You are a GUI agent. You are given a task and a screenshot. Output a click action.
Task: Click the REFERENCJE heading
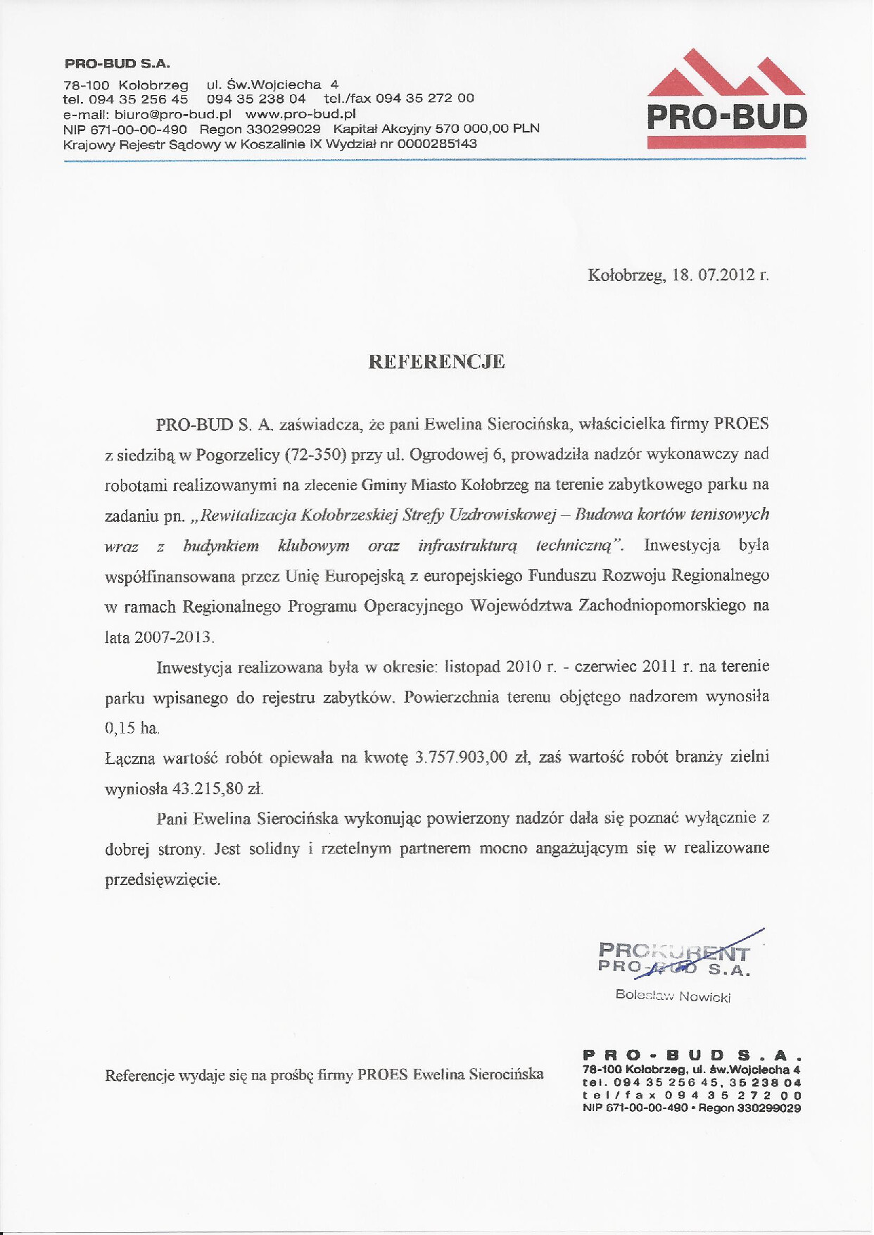pos(436,362)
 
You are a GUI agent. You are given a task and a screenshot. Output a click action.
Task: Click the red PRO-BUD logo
pos(726,99)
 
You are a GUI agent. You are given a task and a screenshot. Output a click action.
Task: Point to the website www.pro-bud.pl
pos(300,113)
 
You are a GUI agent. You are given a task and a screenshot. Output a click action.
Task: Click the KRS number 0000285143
pos(436,144)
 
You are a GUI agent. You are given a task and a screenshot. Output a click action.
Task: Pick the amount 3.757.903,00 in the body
pos(461,758)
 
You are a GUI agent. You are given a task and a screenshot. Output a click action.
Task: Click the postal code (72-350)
pos(316,454)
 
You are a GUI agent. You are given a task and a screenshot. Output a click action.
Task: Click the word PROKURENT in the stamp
pos(673,953)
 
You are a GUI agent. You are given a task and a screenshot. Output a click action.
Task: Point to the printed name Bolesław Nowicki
pos(673,996)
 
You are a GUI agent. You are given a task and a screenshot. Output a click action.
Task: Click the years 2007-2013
pos(173,637)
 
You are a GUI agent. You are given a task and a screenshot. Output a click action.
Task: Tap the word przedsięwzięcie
pos(163,880)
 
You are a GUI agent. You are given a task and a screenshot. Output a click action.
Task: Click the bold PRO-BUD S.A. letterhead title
pos(118,63)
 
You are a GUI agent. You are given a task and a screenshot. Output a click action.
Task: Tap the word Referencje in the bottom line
pos(139,1075)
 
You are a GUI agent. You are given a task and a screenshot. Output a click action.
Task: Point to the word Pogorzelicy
pos(238,455)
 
